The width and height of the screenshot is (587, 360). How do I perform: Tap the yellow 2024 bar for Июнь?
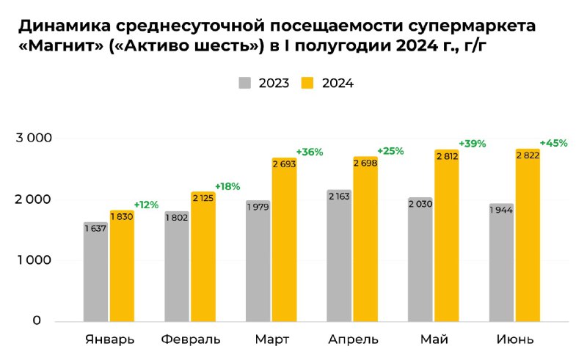click(528, 242)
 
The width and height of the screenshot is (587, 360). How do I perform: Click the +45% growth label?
click(553, 143)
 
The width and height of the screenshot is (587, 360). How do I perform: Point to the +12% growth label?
click(147, 204)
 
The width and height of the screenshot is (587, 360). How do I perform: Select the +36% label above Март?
click(309, 152)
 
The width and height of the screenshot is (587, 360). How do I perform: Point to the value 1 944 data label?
click(501, 210)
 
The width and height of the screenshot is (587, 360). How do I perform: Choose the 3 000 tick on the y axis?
click(34, 138)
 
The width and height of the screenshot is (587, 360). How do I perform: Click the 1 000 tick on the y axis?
click(34, 260)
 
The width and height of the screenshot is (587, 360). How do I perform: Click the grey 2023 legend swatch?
click(245, 83)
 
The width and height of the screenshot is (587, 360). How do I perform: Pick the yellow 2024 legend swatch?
click(308, 83)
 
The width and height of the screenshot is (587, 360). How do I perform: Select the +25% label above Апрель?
click(390, 151)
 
